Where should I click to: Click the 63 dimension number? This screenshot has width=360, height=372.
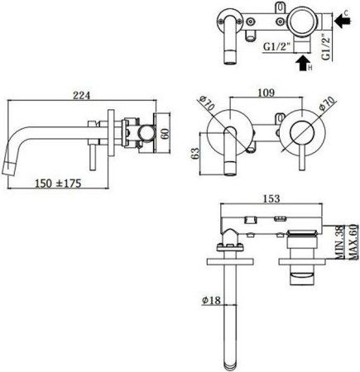tap(191, 153)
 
